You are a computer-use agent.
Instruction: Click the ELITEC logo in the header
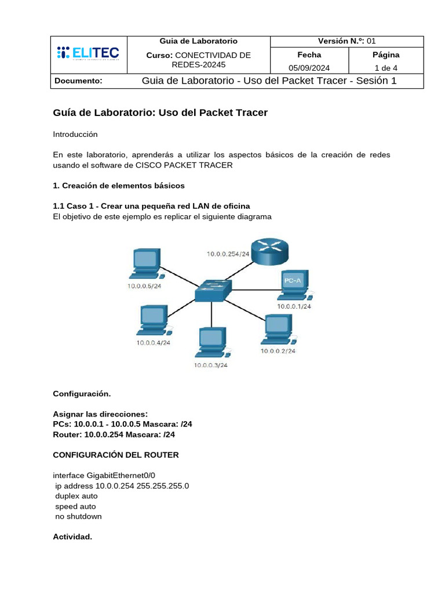click(x=87, y=54)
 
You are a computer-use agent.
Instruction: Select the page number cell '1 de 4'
click(x=385, y=67)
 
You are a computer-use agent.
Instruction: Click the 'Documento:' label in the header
click(x=78, y=81)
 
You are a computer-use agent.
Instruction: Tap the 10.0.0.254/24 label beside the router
click(x=228, y=253)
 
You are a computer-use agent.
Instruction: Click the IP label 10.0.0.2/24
click(x=278, y=351)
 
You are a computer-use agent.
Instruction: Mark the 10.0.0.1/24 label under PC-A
click(x=294, y=306)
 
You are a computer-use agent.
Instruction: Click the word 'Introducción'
click(x=75, y=134)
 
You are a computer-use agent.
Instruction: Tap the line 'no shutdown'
click(x=78, y=516)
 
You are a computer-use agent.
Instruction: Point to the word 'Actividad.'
click(x=72, y=537)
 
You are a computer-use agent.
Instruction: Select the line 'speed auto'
click(x=75, y=506)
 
